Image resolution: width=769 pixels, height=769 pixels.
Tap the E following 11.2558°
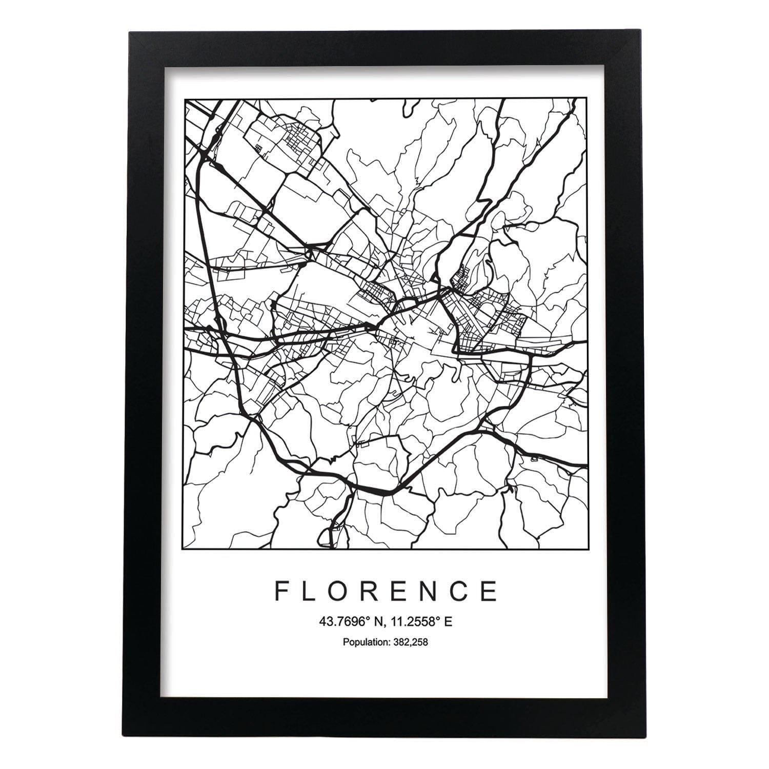[x=448, y=622]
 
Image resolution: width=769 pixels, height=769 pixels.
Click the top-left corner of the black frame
[x=130, y=33]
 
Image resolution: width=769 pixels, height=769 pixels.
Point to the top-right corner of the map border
[x=587, y=97]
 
